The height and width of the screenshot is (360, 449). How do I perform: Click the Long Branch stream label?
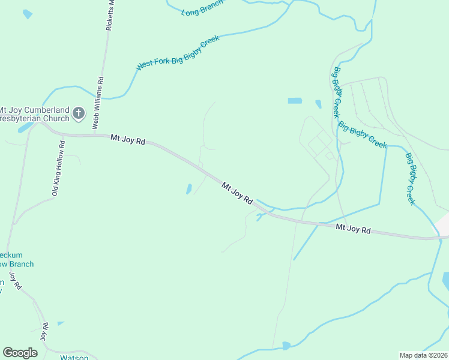tap(202, 8)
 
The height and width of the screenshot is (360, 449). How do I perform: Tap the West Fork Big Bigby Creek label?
tap(178, 53)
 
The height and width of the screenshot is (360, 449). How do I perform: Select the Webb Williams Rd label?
tap(98, 103)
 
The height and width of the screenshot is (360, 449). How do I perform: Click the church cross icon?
tap(78, 113)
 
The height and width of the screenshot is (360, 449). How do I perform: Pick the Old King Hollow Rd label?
tap(58, 168)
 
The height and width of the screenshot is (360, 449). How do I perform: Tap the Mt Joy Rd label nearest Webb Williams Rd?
tap(128, 140)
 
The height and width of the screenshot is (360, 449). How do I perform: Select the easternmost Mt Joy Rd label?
tap(353, 229)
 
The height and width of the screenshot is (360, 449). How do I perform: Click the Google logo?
tap(20, 353)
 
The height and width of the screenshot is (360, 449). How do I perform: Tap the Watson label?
tap(74, 358)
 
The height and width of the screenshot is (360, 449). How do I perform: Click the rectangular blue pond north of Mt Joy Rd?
tap(295, 101)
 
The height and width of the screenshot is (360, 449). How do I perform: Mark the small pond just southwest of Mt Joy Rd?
tap(189, 189)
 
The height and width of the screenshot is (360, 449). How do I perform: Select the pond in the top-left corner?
tap(27, 14)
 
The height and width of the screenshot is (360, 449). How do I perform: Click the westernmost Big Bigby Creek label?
tap(337, 92)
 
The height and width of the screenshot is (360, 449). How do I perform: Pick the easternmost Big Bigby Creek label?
tap(411, 179)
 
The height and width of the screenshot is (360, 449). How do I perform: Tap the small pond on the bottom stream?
tap(286, 346)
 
